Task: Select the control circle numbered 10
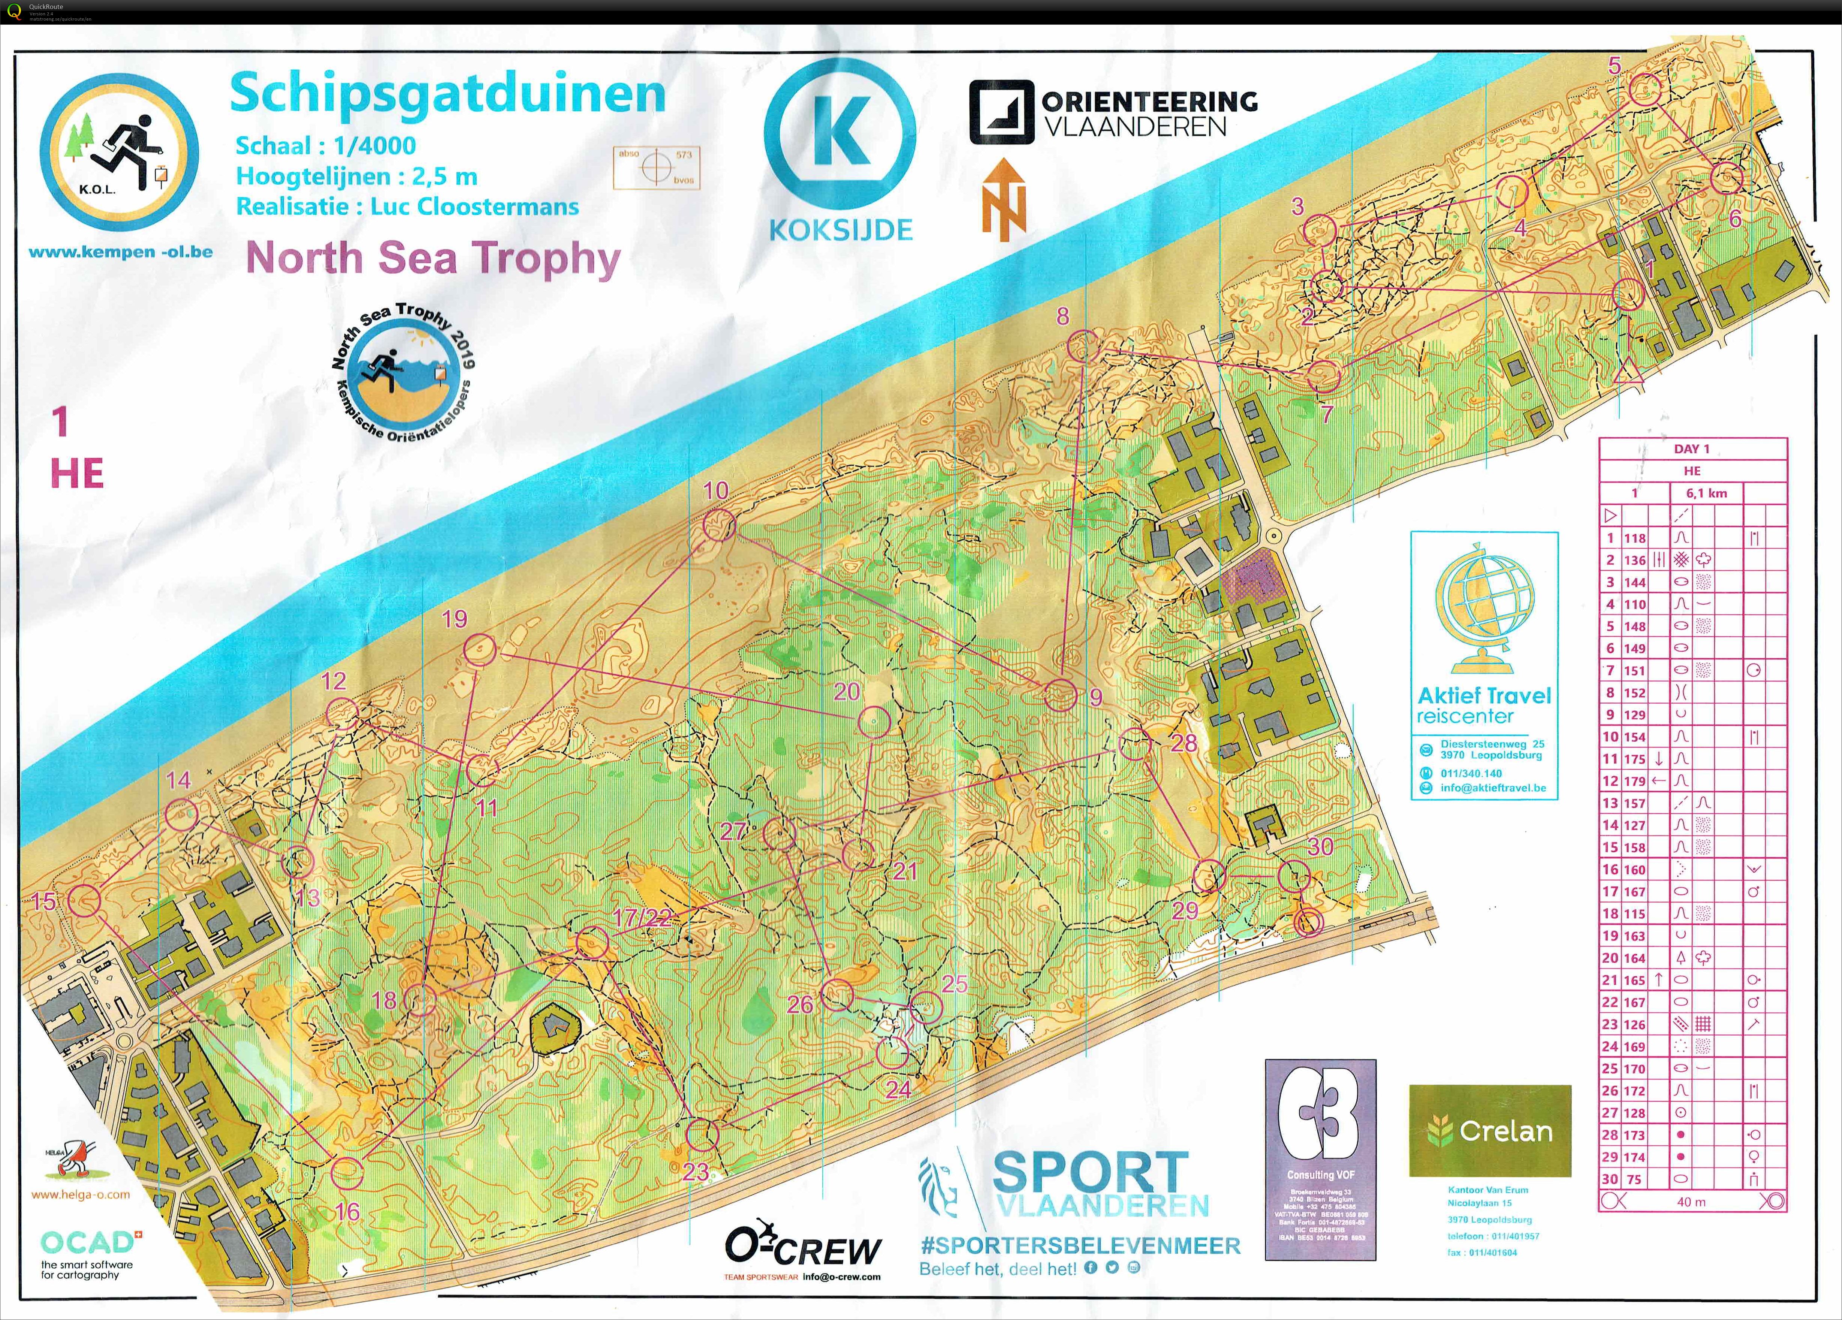pos(718,525)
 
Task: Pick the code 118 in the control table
pos(1635,537)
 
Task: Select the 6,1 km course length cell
pos(1706,493)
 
